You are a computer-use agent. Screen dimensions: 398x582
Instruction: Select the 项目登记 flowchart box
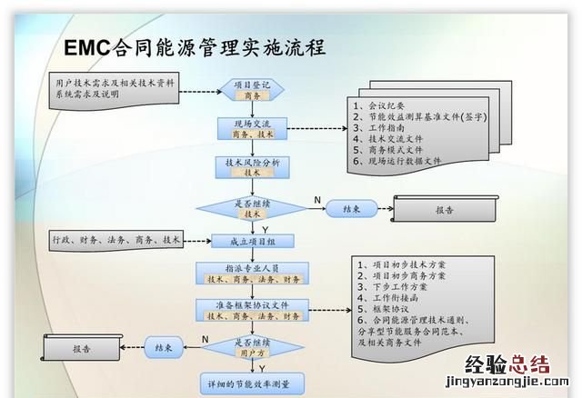[252, 89]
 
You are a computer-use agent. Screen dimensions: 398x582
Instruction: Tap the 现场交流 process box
[252, 127]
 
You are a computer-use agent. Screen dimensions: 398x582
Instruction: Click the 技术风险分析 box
[252, 165]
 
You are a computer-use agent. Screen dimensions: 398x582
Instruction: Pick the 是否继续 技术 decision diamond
[252, 208]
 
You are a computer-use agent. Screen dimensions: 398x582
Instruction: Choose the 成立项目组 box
[252, 241]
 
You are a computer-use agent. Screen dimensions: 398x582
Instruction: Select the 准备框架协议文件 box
[252, 310]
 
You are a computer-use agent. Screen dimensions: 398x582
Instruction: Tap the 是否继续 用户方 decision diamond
[252, 346]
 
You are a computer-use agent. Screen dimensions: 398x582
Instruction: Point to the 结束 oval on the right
[354, 209]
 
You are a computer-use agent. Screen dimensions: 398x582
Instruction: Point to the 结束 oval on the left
[165, 346]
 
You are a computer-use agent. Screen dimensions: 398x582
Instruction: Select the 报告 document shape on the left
[82, 347]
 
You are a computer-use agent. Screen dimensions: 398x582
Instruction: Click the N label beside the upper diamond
[317, 199]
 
